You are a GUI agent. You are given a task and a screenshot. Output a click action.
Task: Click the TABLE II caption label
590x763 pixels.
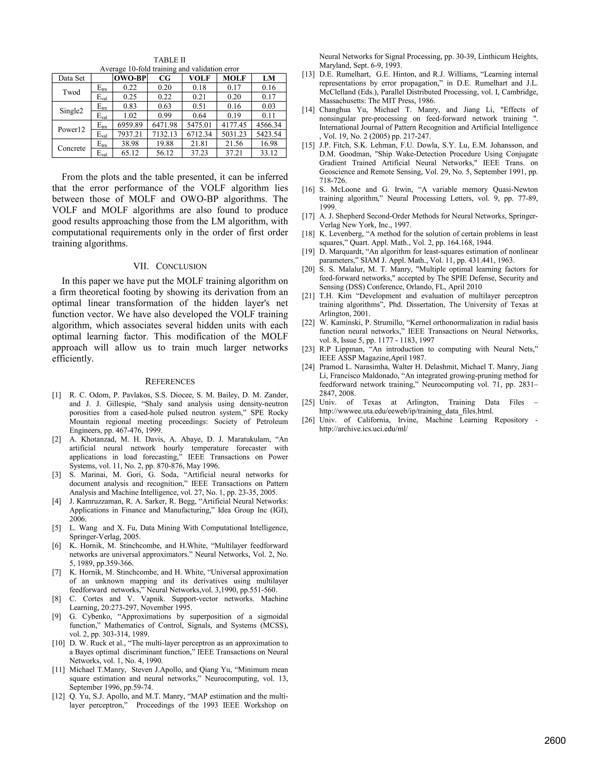pos(169,60)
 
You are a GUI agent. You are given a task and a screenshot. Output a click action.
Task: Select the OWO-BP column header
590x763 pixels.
pos(130,78)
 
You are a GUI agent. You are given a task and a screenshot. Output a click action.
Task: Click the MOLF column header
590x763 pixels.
pos(234,78)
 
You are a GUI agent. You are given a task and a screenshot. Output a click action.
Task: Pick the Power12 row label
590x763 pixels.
pos(71,130)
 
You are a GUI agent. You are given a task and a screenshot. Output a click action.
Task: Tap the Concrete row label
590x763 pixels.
pos(71,148)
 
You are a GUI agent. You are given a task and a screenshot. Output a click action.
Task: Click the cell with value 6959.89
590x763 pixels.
pos(130,125)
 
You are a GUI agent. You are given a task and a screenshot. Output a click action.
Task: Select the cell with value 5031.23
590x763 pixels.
pos(234,134)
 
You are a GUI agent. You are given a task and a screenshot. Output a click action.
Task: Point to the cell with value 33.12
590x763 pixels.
pos(269,153)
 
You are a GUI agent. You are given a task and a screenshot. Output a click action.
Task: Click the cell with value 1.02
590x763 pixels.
pos(130,116)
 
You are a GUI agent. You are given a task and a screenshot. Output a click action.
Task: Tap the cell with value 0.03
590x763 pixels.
pos(269,106)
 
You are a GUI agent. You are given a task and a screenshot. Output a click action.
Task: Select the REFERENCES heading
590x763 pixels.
pos(170,381)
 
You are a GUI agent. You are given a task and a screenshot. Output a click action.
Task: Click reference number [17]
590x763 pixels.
pos(308,216)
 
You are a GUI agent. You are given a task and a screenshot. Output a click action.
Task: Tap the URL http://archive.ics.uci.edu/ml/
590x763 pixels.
pos(364,429)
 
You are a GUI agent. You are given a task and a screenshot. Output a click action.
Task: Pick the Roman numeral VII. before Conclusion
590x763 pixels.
pos(141,267)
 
